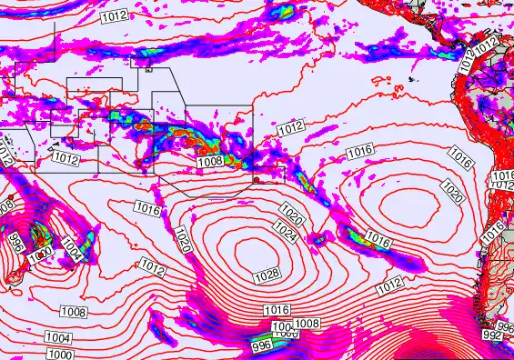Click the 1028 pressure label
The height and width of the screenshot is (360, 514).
coord(267,275)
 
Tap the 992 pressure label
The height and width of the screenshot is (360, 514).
coord(492,335)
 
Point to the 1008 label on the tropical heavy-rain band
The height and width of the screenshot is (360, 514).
coord(210,161)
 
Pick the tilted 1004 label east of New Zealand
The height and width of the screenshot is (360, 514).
coord(71,247)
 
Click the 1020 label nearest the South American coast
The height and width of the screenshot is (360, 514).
coord(452,191)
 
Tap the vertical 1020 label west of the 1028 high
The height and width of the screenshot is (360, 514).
coord(182,240)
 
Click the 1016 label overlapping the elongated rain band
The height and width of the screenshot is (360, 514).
coord(378,240)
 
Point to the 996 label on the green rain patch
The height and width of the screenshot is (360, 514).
coord(262,345)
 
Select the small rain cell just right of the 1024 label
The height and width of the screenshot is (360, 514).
coord(317,239)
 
